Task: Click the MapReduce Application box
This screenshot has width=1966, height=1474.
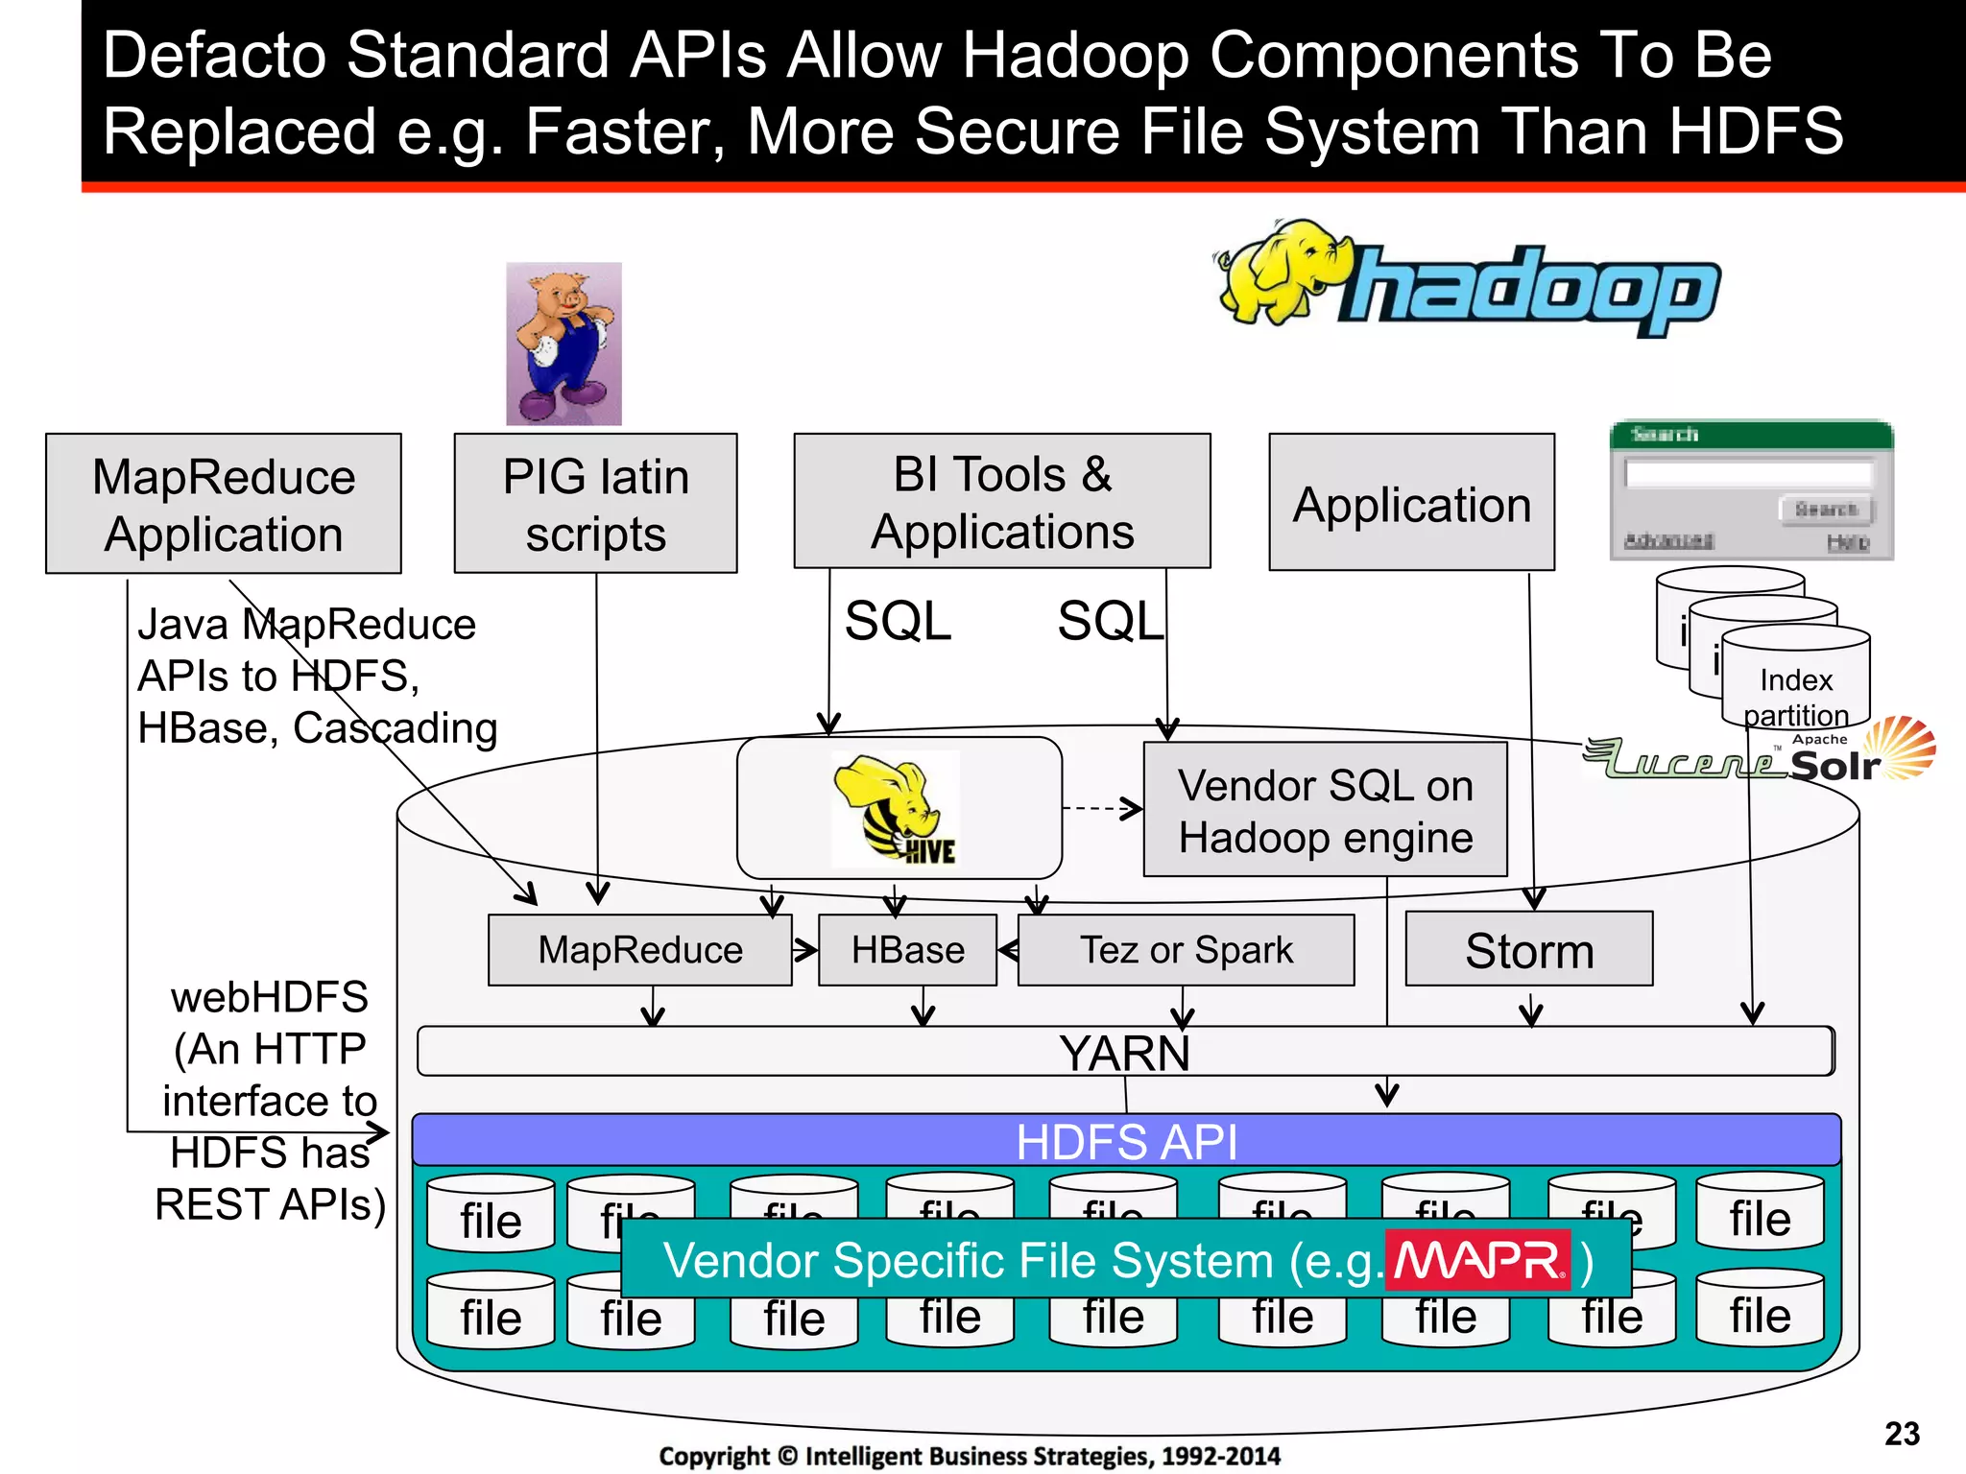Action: (224, 504)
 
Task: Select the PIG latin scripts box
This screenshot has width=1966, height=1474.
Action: (595, 504)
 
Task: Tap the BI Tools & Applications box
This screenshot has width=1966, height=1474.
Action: (1002, 502)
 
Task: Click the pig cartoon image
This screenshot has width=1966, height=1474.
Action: (563, 344)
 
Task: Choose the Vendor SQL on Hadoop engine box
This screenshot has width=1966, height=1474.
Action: (1325, 810)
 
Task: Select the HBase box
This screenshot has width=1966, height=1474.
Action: (907, 950)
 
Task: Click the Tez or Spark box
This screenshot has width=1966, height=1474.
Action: (1186, 950)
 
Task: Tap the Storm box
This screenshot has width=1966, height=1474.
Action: (1528, 950)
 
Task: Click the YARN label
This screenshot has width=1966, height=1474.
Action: (1124, 1053)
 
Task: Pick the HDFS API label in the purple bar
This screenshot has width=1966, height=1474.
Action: (1126, 1141)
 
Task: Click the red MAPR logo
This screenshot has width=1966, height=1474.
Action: (1477, 1260)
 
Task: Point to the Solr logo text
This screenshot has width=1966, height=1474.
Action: (1834, 765)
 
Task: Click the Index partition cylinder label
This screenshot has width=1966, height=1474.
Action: (1795, 697)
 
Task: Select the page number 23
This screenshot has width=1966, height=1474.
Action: (1902, 1434)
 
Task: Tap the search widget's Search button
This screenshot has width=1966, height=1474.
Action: (1826, 509)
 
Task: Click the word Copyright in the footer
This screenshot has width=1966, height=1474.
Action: (713, 1456)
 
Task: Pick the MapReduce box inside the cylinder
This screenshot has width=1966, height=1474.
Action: (640, 950)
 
